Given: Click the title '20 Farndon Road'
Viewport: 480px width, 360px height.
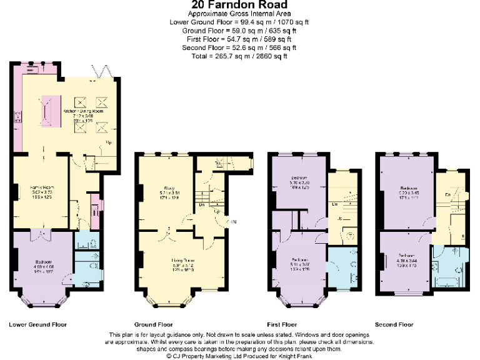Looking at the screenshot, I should pyautogui.click(x=239, y=6).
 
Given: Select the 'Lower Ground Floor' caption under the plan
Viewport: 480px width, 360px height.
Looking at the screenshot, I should pyautogui.click(x=37, y=325).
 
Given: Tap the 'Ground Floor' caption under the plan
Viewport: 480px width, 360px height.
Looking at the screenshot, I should pyautogui.click(x=154, y=325).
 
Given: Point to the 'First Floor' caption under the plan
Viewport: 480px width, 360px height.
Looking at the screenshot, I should pyautogui.click(x=281, y=325).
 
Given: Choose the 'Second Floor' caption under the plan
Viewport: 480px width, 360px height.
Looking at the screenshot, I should pyautogui.click(x=394, y=325).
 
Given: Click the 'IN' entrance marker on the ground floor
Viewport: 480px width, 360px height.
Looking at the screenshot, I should pyautogui.click(x=234, y=221).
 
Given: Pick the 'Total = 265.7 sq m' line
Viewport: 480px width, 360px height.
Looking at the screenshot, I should pyautogui.click(x=239, y=56).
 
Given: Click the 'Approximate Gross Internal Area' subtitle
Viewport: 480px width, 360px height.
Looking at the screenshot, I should pyautogui.click(x=239, y=14).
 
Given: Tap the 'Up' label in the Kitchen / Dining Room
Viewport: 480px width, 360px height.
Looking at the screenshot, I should pyautogui.click(x=109, y=142).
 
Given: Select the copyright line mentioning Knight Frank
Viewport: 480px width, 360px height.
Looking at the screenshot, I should pyautogui.click(x=239, y=356).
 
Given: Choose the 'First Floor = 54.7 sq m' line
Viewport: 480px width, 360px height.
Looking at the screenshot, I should pyautogui.click(x=239, y=39).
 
